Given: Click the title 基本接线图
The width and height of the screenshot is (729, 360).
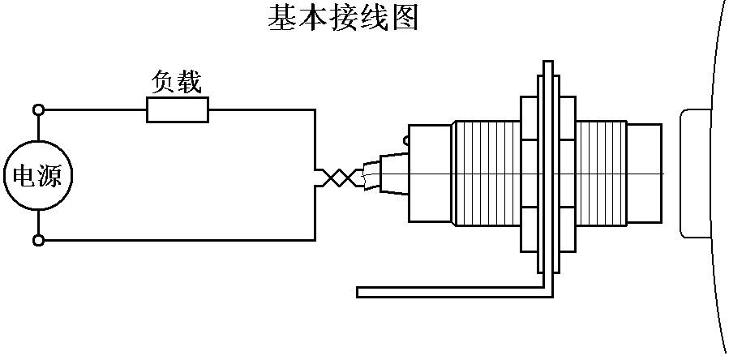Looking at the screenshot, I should click(x=343, y=18).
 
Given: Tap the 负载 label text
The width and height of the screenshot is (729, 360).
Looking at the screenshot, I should click(x=177, y=82).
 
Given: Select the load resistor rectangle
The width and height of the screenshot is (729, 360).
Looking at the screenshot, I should click(x=177, y=109).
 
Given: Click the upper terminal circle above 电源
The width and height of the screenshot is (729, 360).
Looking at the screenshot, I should click(x=37, y=109).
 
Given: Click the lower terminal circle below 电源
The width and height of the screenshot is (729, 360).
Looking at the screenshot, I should click(x=37, y=240).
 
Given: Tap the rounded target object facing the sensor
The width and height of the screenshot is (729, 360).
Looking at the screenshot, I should click(x=696, y=174).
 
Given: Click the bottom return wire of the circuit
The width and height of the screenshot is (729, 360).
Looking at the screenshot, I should click(x=178, y=240).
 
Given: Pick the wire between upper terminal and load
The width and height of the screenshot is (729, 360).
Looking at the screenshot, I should click(x=93, y=109).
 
